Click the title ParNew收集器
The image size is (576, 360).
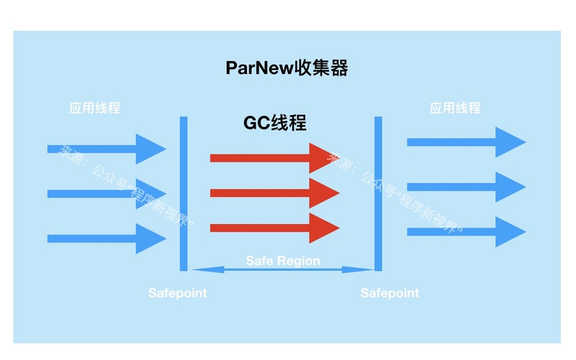(287, 69)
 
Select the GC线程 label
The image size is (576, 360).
(274, 122)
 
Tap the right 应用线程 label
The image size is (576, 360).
(454, 108)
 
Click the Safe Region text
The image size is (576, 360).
(283, 260)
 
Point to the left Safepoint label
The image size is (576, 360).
(177, 293)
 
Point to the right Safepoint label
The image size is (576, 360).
(390, 293)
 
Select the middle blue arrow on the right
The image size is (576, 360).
(464, 186)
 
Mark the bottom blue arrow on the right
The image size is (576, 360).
(464, 231)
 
